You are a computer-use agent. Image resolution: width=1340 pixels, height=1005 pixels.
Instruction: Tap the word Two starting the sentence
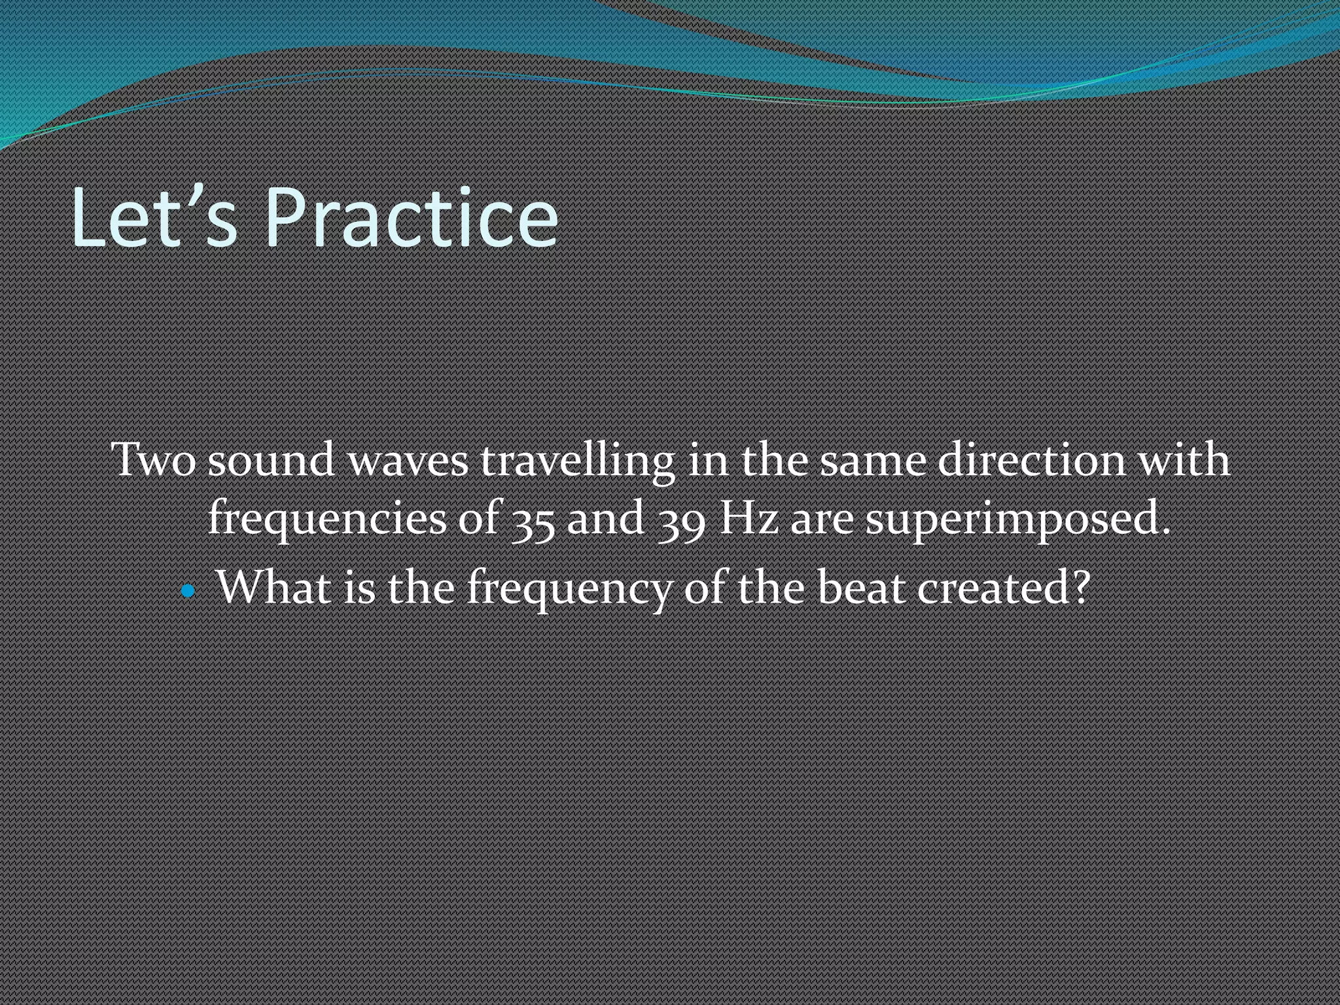[154, 459]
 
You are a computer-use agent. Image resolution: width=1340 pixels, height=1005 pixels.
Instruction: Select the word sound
[272, 459]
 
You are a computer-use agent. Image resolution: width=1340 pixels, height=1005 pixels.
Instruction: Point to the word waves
[408, 461]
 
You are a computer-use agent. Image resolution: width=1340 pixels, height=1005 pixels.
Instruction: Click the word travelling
[578, 461]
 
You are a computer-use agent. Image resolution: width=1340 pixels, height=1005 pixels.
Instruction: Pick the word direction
[1031, 459]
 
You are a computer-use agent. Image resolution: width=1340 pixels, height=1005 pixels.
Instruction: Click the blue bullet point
[188, 591]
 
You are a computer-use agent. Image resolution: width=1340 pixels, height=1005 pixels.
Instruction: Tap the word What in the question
[274, 586]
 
